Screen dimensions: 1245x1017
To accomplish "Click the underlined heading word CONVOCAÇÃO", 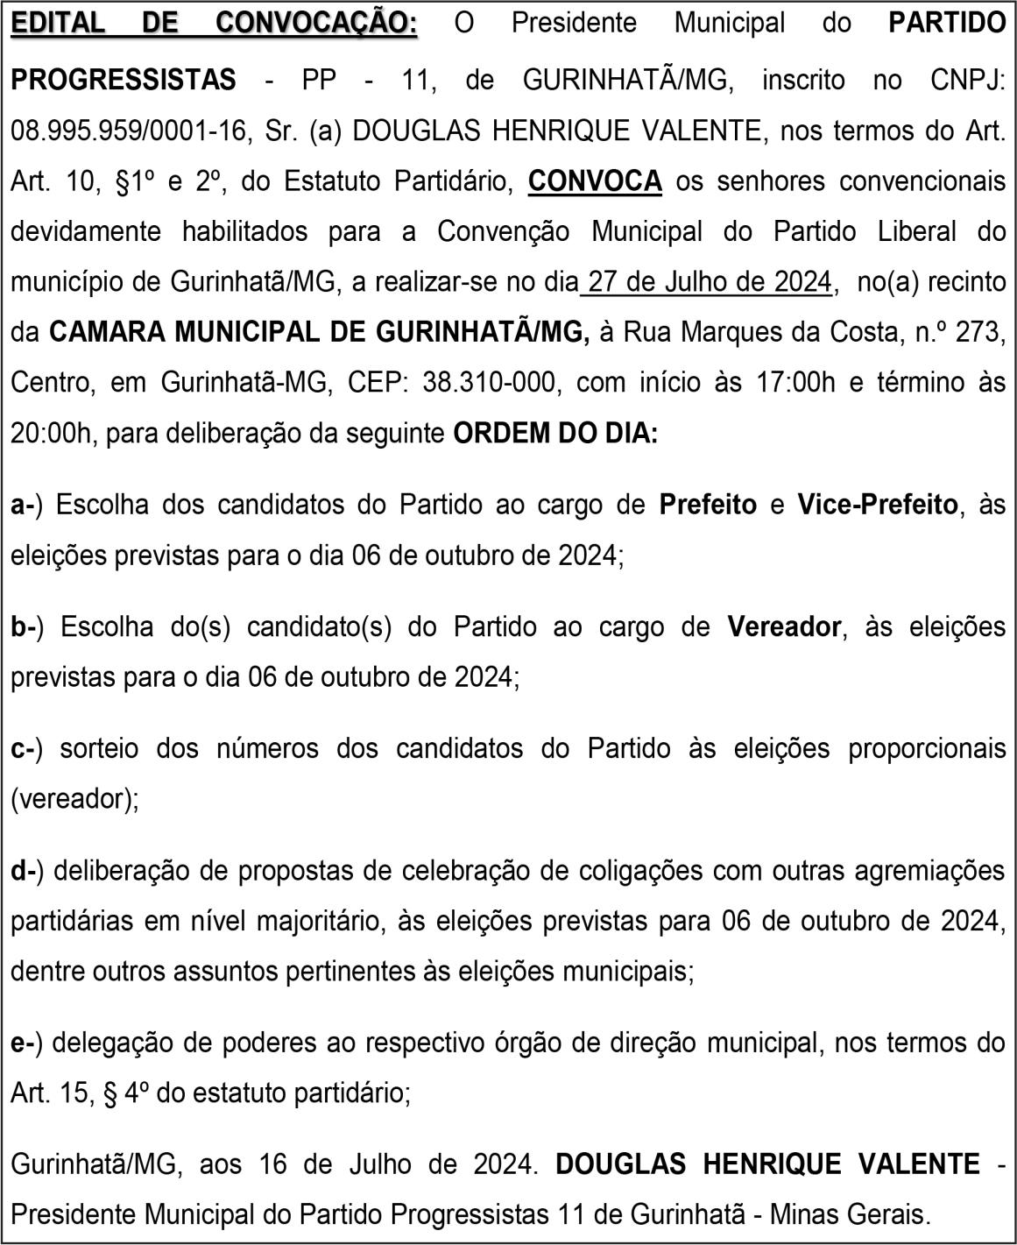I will (316, 23).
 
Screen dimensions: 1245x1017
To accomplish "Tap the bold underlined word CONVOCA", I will (595, 181).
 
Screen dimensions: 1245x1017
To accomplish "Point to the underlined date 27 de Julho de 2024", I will (709, 282).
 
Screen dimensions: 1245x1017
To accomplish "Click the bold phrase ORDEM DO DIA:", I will (554, 434).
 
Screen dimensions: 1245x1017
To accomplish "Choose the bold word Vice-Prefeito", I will (877, 506).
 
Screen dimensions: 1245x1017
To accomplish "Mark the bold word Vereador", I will (784, 627).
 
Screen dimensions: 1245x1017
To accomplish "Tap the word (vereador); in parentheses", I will (74, 799).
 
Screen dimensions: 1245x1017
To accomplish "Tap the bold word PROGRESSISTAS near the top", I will (124, 81).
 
